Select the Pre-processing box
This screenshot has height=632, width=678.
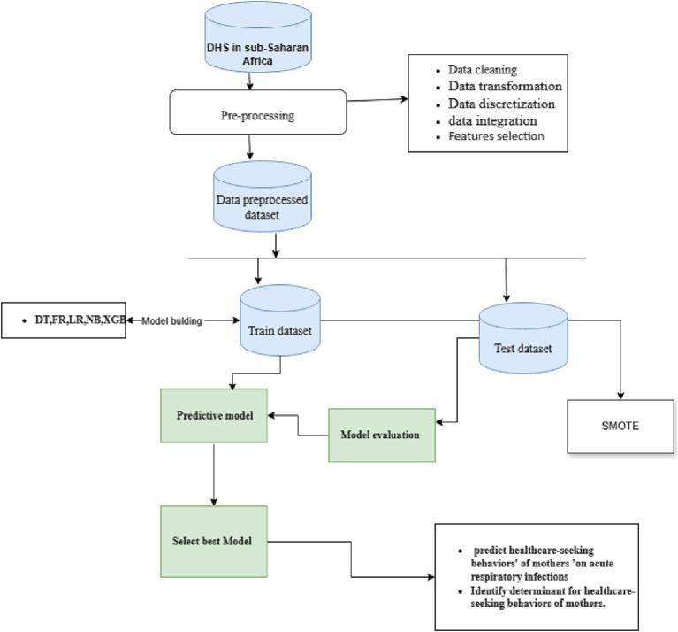pyautogui.click(x=258, y=115)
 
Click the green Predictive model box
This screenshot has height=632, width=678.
pyautogui.click(x=215, y=415)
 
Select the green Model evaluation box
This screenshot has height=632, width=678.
pyautogui.click(x=381, y=435)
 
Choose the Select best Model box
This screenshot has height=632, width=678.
pyautogui.click(x=213, y=541)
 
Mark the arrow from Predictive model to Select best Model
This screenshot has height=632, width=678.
pyautogui.click(x=214, y=474)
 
